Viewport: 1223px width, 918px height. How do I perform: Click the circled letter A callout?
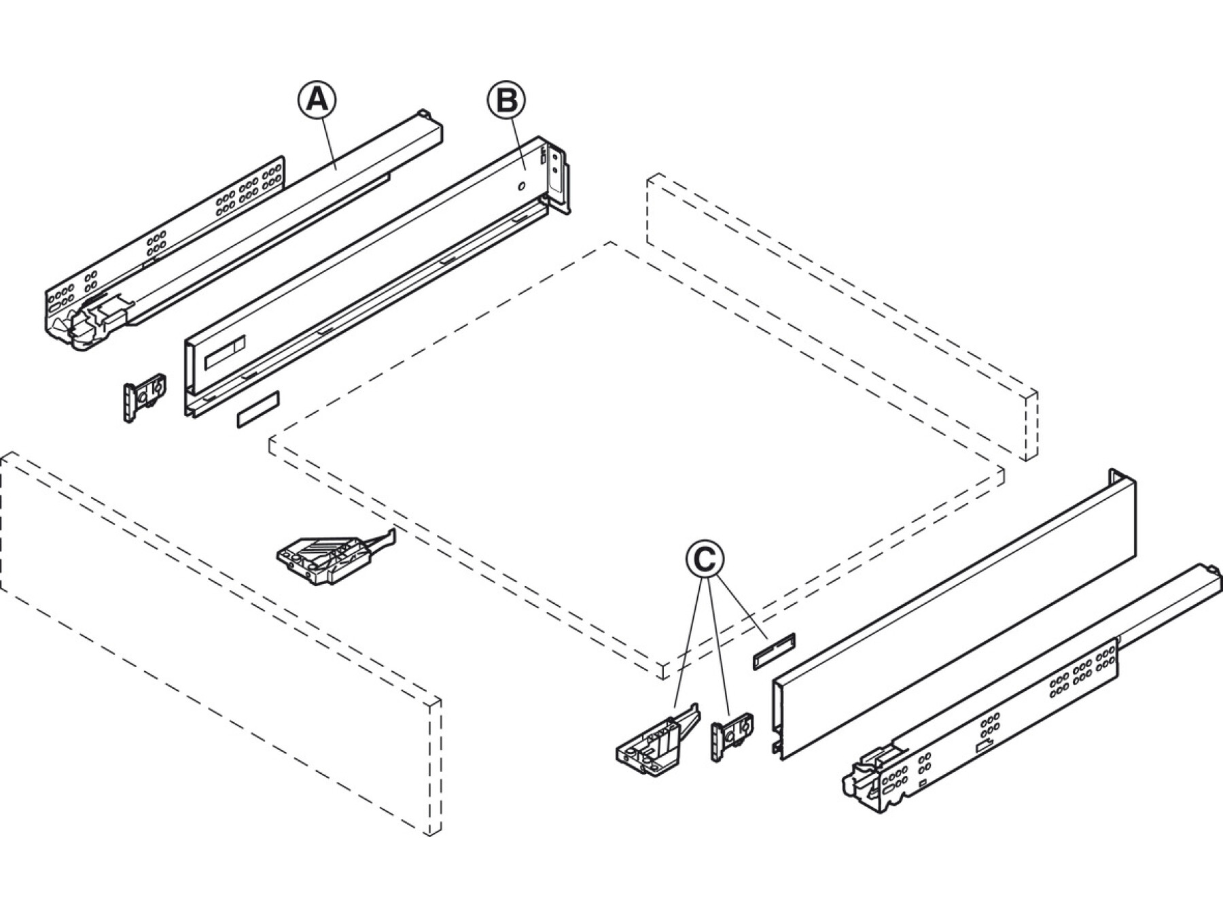pos(317,100)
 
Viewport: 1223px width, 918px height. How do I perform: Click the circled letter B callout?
pos(506,100)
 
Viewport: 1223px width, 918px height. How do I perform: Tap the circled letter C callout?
pos(705,559)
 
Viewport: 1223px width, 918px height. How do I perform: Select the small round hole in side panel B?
pos(520,186)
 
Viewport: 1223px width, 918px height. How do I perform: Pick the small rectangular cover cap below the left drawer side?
pos(258,409)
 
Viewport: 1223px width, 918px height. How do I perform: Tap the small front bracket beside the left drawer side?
pos(144,397)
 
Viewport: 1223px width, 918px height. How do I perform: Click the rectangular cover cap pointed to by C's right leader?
pos(773,651)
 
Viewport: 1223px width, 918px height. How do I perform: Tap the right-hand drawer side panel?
pos(951,612)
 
